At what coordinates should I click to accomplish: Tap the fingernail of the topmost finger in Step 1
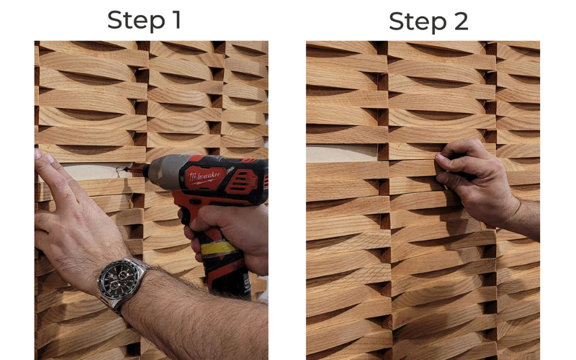point(38,154)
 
